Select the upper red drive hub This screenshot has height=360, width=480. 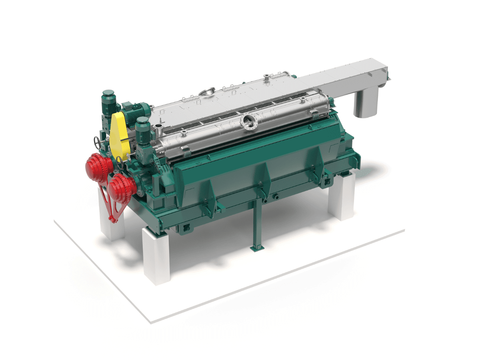[x=98, y=164]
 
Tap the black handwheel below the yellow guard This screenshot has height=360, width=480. [x=120, y=162]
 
